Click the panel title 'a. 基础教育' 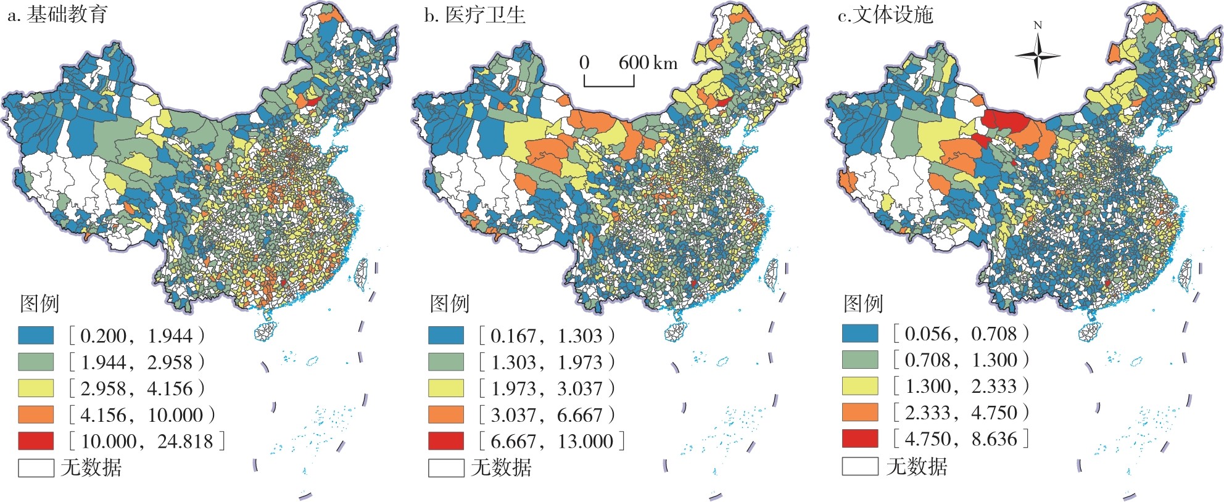57,15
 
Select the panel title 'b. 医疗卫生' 475,15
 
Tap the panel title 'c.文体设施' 885,15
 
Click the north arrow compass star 1038,56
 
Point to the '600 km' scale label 648,62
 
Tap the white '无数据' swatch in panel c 860,466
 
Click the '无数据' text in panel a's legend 91,467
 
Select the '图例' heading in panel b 450,303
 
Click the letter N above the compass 1038,25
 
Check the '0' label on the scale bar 584,62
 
